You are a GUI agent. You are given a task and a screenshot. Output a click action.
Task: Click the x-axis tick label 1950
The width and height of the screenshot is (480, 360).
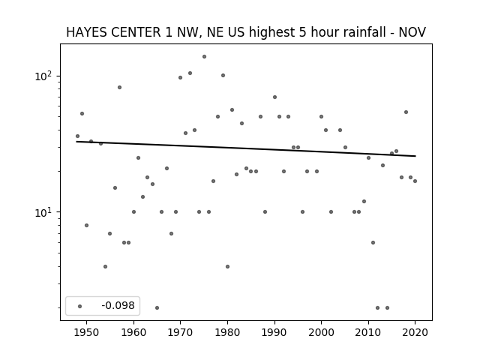click(87, 331)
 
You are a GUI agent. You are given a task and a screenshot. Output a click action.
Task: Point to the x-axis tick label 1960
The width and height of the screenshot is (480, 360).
click(133, 331)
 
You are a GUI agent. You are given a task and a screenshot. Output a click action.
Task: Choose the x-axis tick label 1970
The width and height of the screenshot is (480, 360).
click(181, 331)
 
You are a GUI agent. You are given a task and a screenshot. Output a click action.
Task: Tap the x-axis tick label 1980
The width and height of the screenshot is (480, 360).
click(227, 331)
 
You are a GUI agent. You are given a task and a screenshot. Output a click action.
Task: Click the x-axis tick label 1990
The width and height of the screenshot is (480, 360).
click(274, 331)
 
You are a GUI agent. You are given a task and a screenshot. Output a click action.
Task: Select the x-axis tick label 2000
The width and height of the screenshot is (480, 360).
click(321, 331)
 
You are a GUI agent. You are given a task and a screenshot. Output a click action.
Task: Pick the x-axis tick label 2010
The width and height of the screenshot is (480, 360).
click(368, 331)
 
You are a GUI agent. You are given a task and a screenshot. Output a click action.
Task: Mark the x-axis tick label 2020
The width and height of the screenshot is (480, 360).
click(415, 331)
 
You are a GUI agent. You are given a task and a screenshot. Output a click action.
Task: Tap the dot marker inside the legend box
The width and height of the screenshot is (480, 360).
click(79, 306)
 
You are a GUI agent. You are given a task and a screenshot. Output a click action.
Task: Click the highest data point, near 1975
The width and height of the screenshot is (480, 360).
click(204, 56)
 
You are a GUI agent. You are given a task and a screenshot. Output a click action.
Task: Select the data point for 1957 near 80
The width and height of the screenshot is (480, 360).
click(119, 87)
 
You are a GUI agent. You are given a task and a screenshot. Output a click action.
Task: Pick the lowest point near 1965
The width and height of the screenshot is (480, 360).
click(157, 307)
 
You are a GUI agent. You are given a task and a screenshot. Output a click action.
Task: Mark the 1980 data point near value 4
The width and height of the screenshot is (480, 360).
click(227, 266)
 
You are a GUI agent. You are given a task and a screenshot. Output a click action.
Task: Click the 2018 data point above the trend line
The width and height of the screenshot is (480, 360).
click(406, 112)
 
